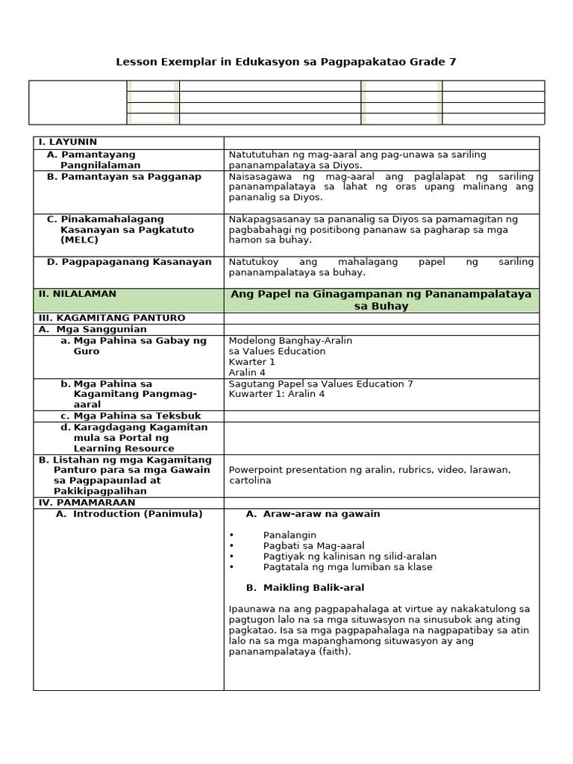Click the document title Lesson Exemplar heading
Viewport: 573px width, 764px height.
[286, 62]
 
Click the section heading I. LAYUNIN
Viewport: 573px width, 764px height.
[67, 142]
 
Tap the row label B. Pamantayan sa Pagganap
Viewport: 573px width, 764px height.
[124, 177]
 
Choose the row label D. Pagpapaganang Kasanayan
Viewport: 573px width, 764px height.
[129, 262]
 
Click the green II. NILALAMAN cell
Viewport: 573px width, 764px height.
[77, 294]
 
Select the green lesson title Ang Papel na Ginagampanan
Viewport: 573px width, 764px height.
[381, 300]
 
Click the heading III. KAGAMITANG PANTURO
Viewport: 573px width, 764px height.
[111, 318]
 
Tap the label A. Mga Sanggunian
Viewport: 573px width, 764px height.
[93, 329]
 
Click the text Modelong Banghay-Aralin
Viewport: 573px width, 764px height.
[290, 340]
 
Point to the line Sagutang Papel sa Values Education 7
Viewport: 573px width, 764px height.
[321, 383]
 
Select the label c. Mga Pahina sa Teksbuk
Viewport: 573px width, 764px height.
[131, 416]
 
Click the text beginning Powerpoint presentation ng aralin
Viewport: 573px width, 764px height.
[369, 470]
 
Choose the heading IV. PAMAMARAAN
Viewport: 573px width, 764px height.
[87, 503]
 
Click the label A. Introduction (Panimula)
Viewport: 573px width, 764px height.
[129, 514]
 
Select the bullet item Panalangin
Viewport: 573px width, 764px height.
[289, 535]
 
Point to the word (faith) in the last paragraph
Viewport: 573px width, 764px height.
[334, 651]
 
